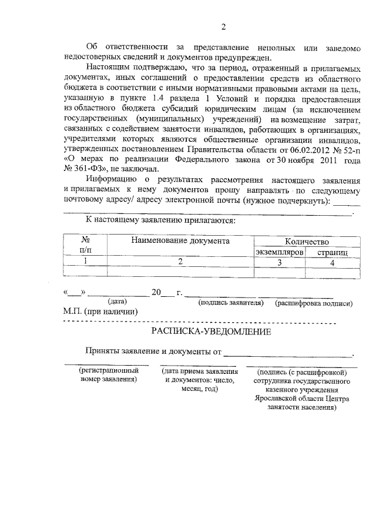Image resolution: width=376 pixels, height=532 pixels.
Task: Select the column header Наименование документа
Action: click(x=180, y=240)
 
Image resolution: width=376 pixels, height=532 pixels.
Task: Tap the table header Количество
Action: click(x=306, y=241)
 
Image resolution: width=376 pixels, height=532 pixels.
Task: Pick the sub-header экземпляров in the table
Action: click(x=279, y=252)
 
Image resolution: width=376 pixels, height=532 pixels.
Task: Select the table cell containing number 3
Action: click(x=279, y=262)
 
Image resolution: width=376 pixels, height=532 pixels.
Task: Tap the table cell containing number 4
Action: click(x=332, y=262)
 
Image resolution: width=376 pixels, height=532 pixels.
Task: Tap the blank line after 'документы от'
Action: click(x=288, y=354)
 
